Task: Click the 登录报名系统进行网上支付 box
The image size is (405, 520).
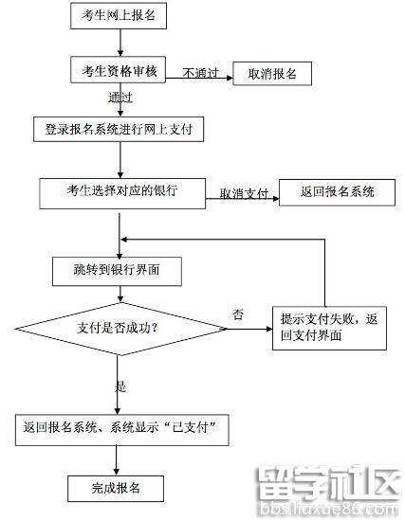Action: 120,129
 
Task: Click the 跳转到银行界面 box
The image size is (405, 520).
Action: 118,271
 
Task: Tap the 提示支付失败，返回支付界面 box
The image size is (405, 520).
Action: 330,328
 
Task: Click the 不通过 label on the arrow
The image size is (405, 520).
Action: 200,72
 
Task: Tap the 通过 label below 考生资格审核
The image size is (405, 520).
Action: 120,98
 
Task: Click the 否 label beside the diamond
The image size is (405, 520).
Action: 237,314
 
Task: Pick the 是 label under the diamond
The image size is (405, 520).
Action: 120,386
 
